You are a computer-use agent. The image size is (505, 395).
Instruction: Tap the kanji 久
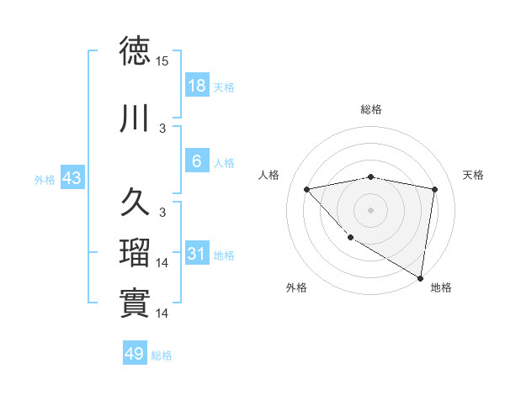coord(135,203)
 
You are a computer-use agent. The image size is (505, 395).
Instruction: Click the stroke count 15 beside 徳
coord(163,61)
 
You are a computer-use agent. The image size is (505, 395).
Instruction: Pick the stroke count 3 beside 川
coord(163,129)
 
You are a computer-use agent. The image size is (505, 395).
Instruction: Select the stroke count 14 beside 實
coord(163,313)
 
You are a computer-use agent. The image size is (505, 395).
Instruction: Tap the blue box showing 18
coord(196,86)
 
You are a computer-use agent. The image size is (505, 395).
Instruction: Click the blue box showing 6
coord(196,161)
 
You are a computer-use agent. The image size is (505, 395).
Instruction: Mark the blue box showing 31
coord(196,254)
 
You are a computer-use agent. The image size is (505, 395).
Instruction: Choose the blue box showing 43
coord(72,178)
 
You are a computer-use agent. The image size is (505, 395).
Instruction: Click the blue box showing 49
coord(135,354)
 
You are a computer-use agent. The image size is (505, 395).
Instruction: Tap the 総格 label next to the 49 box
coord(162,355)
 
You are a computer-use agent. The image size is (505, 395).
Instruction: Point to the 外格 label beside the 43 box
coord(45,179)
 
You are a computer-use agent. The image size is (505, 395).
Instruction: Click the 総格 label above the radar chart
coord(371,109)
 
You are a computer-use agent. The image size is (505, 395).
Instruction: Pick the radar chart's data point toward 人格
coord(307,189)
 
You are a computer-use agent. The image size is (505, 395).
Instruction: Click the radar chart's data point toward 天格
coord(434,189)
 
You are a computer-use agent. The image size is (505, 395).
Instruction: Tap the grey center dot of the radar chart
coord(371,209)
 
